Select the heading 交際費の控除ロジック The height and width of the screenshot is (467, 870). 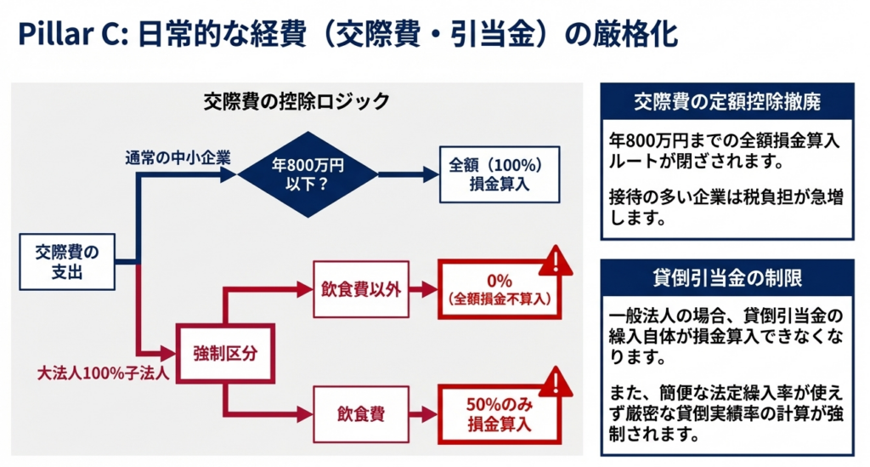pos(296,101)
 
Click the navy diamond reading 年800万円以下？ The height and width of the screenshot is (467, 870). pos(308,174)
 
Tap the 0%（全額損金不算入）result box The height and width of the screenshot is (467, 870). pos(500,289)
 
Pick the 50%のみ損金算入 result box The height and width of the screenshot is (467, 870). pos(500,414)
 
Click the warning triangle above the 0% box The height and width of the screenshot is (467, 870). pos(554,260)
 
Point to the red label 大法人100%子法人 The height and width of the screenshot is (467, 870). pos(89,372)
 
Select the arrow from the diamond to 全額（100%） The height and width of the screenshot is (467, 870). pos(408,174)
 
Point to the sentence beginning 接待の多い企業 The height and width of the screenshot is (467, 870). pos(726,209)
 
